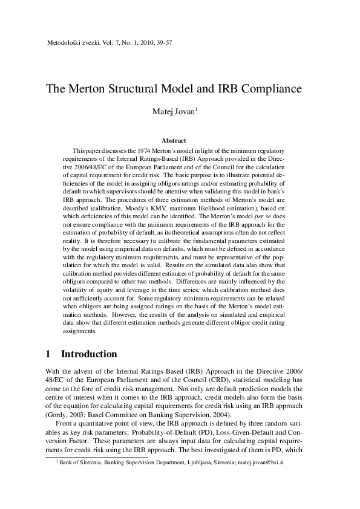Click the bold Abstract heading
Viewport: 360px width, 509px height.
click(x=180, y=141)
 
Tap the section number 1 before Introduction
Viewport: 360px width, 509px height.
click(x=49, y=353)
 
